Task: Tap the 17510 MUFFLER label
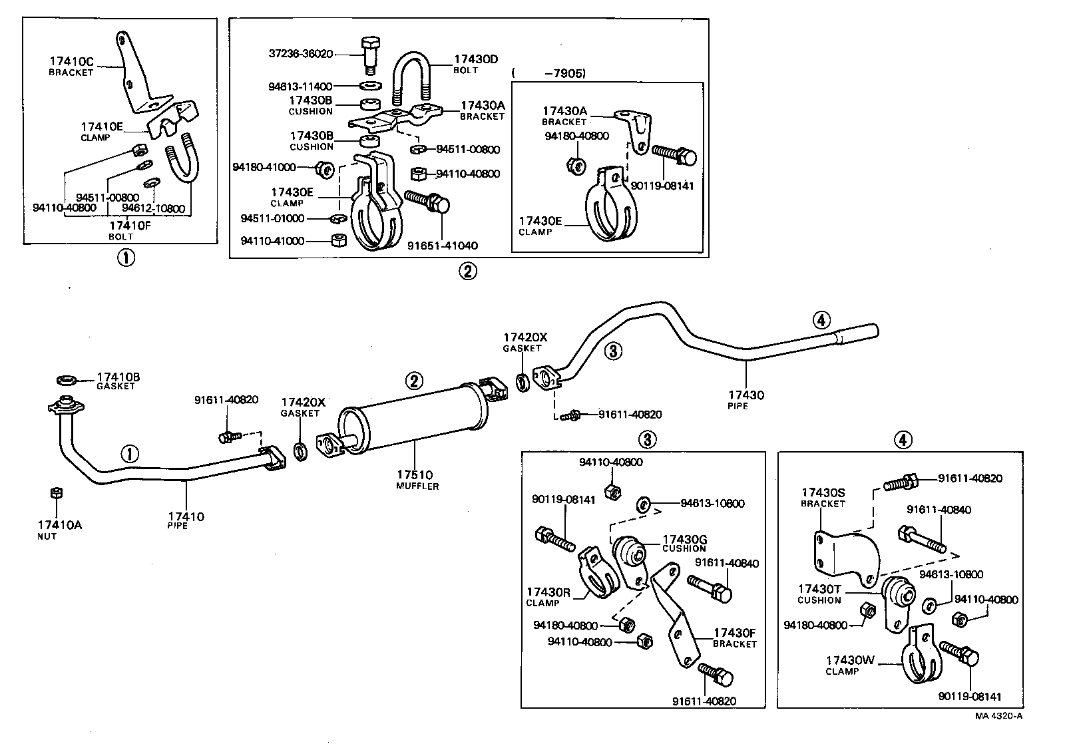[415, 480]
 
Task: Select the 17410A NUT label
[60, 529]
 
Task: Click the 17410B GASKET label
[118, 381]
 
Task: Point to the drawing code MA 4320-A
[998, 715]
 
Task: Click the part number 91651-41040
[443, 246]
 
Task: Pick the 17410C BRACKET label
[71, 66]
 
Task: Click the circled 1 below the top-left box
[125, 258]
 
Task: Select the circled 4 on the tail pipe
[822, 320]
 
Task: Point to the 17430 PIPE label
[745, 399]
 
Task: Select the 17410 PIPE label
[186, 520]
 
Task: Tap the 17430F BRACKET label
[735, 637]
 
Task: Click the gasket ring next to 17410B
[67, 380]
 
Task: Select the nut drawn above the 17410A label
[57, 492]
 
